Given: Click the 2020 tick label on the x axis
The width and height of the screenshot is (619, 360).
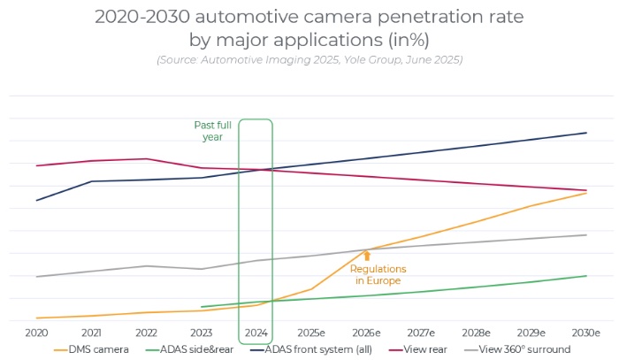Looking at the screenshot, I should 36,333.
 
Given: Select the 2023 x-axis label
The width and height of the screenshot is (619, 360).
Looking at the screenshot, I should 202,333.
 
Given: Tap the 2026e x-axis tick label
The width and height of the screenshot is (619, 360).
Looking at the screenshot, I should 366,333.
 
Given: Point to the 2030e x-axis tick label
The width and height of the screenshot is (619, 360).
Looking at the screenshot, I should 585,333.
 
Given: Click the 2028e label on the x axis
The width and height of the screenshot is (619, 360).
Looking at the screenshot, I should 476,333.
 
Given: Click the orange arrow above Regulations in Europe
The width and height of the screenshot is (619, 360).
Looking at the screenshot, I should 367,256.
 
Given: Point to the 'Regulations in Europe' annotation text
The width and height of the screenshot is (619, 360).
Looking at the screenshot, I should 378,275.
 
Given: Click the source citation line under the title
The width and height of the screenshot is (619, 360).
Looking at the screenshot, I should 309,59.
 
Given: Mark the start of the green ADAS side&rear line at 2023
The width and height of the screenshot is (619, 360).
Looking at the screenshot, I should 202,307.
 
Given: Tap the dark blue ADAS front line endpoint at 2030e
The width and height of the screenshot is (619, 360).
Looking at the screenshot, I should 585,133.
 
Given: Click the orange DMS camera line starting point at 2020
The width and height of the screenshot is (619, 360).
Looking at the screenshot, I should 36,318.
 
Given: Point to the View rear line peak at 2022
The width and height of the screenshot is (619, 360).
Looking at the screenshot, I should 146,158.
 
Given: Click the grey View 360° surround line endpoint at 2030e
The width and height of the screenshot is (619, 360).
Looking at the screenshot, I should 585,234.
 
